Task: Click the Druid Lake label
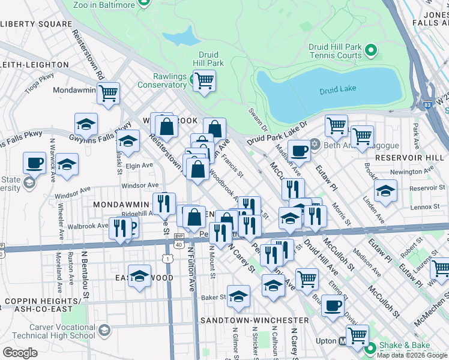(x=337, y=89)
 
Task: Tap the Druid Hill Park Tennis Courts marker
(x=371, y=51)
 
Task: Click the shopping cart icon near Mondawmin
(x=109, y=93)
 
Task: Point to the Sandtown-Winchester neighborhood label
(x=255, y=320)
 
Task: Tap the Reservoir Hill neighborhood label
(x=411, y=157)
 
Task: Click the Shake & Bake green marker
(x=370, y=347)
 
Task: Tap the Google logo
(x=20, y=353)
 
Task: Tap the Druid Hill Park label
(x=208, y=59)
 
